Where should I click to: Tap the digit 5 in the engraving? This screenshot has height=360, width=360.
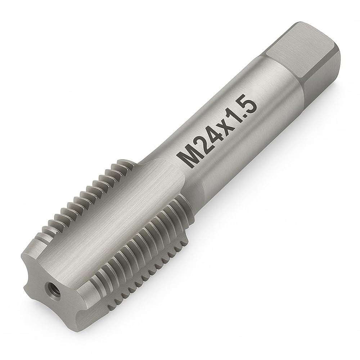(248, 101)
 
